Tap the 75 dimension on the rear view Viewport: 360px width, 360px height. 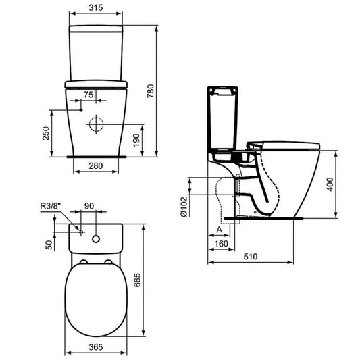[88, 94]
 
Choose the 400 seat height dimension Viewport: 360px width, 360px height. [342, 184]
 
